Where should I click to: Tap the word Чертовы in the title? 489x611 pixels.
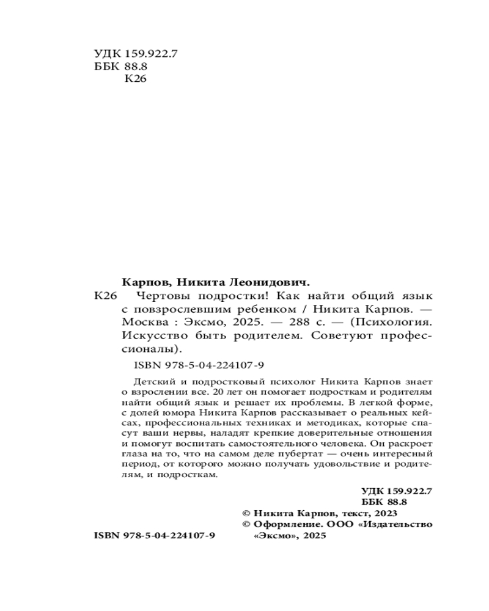coord(160,296)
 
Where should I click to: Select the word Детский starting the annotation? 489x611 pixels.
coord(150,380)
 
